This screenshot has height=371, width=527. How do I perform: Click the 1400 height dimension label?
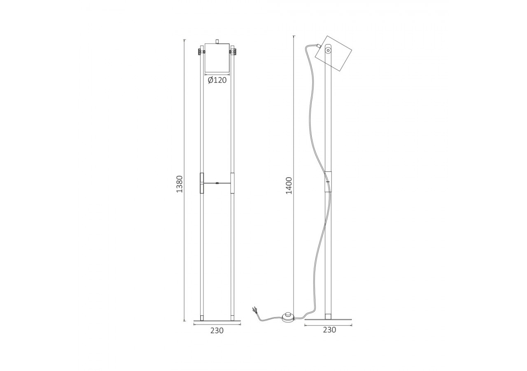[x=289, y=185]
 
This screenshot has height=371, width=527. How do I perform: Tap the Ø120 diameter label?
[x=217, y=80]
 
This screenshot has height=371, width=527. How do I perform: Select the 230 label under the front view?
[x=217, y=330]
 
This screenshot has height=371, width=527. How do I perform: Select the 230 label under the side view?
[x=329, y=330]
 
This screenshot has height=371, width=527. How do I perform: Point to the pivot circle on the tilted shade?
[x=328, y=51]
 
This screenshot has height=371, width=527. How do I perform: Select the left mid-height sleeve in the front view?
[x=202, y=183]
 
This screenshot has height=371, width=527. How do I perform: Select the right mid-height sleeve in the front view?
[x=232, y=183]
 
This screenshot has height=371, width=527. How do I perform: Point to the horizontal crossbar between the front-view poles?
[x=217, y=183]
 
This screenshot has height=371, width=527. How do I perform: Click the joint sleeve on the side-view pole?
[x=328, y=181]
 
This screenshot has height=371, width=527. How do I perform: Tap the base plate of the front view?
[x=217, y=320]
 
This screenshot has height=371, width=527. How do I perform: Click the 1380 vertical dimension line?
[x=185, y=247]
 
